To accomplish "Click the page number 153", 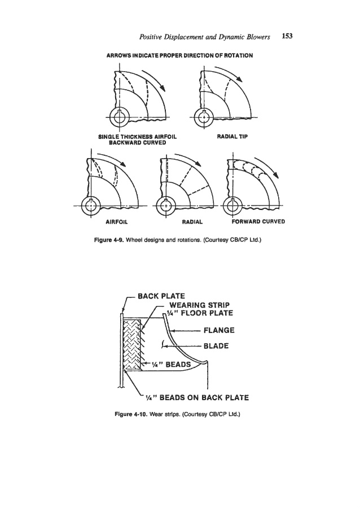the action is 287,36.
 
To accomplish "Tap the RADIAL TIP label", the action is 232,137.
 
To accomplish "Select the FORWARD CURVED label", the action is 258,222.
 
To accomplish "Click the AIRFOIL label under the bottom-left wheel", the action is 117,222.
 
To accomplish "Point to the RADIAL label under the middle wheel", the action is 192,222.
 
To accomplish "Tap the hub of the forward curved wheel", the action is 232,205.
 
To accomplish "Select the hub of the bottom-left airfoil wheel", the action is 91,206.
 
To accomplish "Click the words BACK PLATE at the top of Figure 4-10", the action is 161,296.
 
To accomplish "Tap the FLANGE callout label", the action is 219,330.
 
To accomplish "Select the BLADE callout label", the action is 216,346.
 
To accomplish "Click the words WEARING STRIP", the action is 199,305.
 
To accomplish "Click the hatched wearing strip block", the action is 133,344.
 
